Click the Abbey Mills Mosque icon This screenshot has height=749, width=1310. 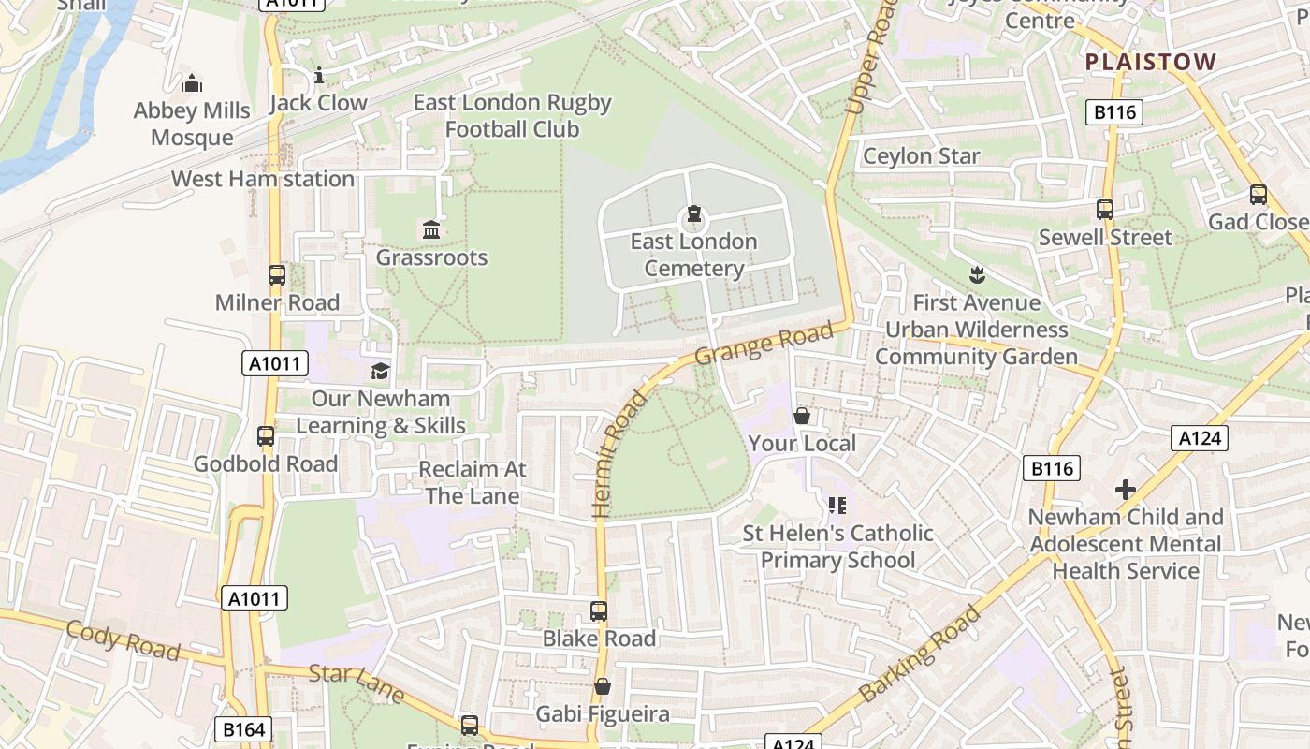point(192,83)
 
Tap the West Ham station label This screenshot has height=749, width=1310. point(263,179)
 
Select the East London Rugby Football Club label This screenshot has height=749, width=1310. point(512,116)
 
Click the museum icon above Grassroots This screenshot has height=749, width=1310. point(431,229)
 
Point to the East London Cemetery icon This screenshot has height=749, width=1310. point(693,214)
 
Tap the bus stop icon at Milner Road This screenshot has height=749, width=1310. point(277,274)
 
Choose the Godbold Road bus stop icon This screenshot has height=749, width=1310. point(266,435)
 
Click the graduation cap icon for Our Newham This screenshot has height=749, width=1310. point(380,371)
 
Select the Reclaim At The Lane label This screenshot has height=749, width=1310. point(473,482)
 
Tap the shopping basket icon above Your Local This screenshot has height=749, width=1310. point(802,416)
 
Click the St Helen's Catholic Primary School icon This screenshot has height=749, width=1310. point(837,506)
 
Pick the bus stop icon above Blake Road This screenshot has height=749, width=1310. point(599,611)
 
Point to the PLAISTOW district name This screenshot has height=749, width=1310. point(1151,62)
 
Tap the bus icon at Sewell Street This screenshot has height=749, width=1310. point(1105,210)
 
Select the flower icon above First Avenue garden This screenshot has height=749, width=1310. point(977,275)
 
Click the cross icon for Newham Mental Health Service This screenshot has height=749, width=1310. point(1126,490)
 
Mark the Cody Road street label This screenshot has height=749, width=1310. point(122,639)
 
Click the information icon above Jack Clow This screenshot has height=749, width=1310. point(318,75)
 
